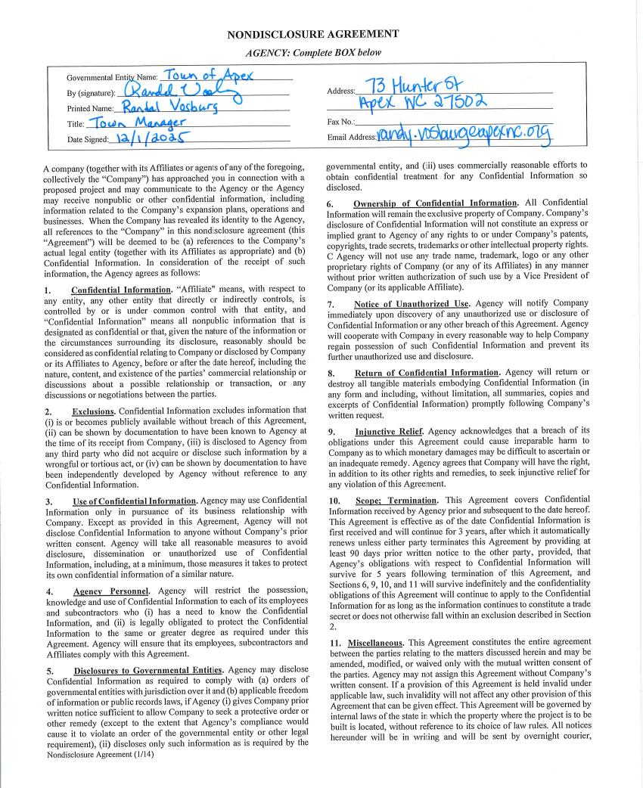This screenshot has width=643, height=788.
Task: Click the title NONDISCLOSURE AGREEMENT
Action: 313,34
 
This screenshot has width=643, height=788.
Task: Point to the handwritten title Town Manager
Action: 136,123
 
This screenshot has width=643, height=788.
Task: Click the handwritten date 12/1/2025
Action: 151,138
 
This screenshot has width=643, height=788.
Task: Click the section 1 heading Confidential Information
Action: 121,290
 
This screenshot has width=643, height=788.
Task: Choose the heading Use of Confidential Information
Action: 135,501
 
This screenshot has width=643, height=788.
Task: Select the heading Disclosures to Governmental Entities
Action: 148,670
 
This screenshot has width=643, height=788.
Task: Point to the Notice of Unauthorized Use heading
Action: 412,303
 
